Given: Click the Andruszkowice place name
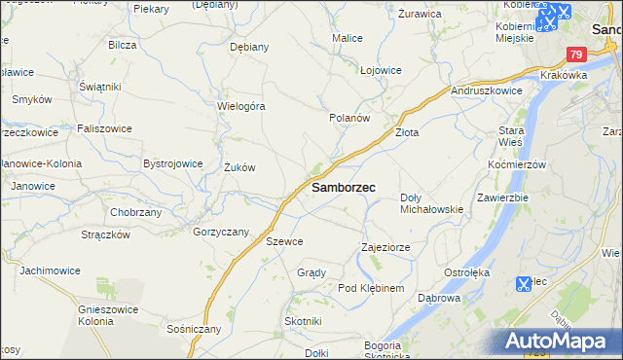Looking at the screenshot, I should tap(488, 90).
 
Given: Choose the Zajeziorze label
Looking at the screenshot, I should tap(385, 247).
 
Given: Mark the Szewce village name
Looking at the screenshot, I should tap(284, 241).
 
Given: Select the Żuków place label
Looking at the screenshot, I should tap(239, 167).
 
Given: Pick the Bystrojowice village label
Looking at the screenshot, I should tap(173, 163).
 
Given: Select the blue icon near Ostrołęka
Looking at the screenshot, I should tap(523, 285).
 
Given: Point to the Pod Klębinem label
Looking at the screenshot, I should tap(371, 289).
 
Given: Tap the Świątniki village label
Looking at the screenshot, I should tap(99, 87).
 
